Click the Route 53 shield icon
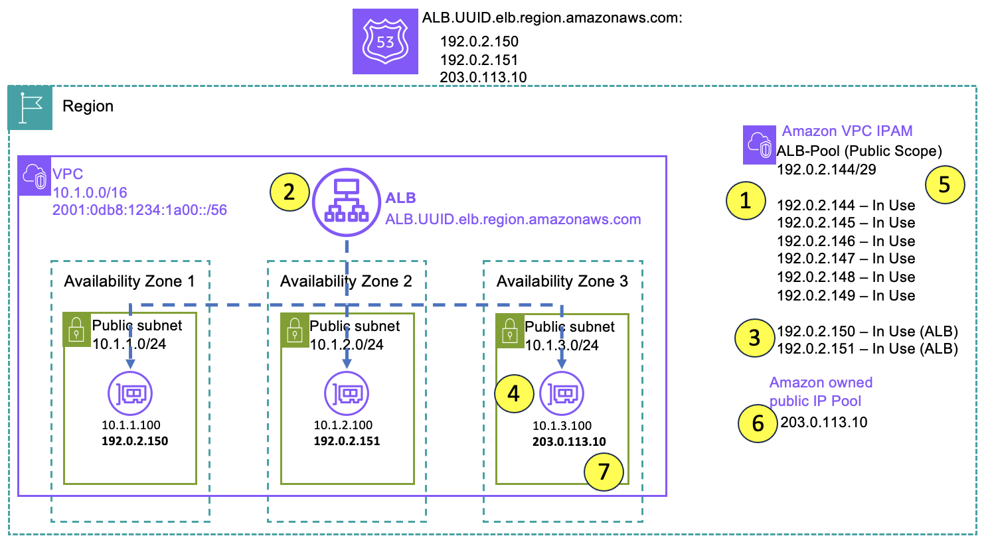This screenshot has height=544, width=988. pos(385,41)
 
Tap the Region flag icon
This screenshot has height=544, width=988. pos(30,107)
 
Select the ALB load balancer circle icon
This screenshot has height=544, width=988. pos(346,201)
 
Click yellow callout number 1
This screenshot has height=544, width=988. pos(745,200)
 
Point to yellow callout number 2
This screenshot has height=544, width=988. pos(289,192)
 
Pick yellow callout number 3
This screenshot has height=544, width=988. pos(754,338)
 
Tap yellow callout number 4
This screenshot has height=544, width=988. pos(514,394)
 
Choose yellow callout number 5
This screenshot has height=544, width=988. pos(944,185)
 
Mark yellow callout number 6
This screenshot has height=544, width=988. pos(758,423)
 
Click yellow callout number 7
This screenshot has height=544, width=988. pos(604,472)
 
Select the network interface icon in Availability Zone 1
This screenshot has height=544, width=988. pos(130,393)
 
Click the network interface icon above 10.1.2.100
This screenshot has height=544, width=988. pos(347,393)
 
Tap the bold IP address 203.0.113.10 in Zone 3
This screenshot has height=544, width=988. pos(569,442)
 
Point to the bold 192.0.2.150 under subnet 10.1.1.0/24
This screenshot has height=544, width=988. pos(135,441)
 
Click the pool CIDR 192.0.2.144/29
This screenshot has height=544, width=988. pos(826,170)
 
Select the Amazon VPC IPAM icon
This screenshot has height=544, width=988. pos(759,145)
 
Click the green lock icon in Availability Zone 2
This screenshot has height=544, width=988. pos(294,330)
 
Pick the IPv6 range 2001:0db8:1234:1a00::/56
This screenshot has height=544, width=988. pos(139,210)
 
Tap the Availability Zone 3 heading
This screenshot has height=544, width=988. pos(562,281)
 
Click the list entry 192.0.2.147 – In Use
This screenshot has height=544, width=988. pos(845,259)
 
